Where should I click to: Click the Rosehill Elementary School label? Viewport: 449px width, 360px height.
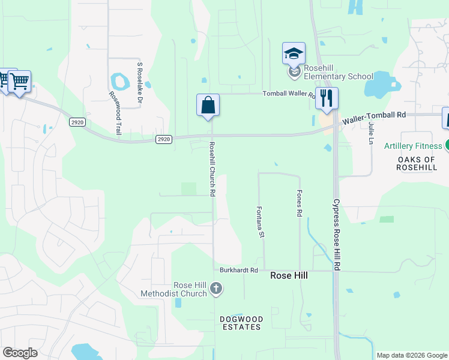338,72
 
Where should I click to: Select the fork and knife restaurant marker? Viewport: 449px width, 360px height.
327,98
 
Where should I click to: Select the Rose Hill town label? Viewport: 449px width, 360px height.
289,275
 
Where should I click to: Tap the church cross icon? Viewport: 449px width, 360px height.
216,290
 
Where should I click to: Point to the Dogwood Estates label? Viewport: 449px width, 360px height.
240,323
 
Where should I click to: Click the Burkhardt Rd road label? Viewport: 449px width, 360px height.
238,271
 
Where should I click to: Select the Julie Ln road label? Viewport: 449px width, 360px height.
372,133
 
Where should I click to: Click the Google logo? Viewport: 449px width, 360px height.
20,353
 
